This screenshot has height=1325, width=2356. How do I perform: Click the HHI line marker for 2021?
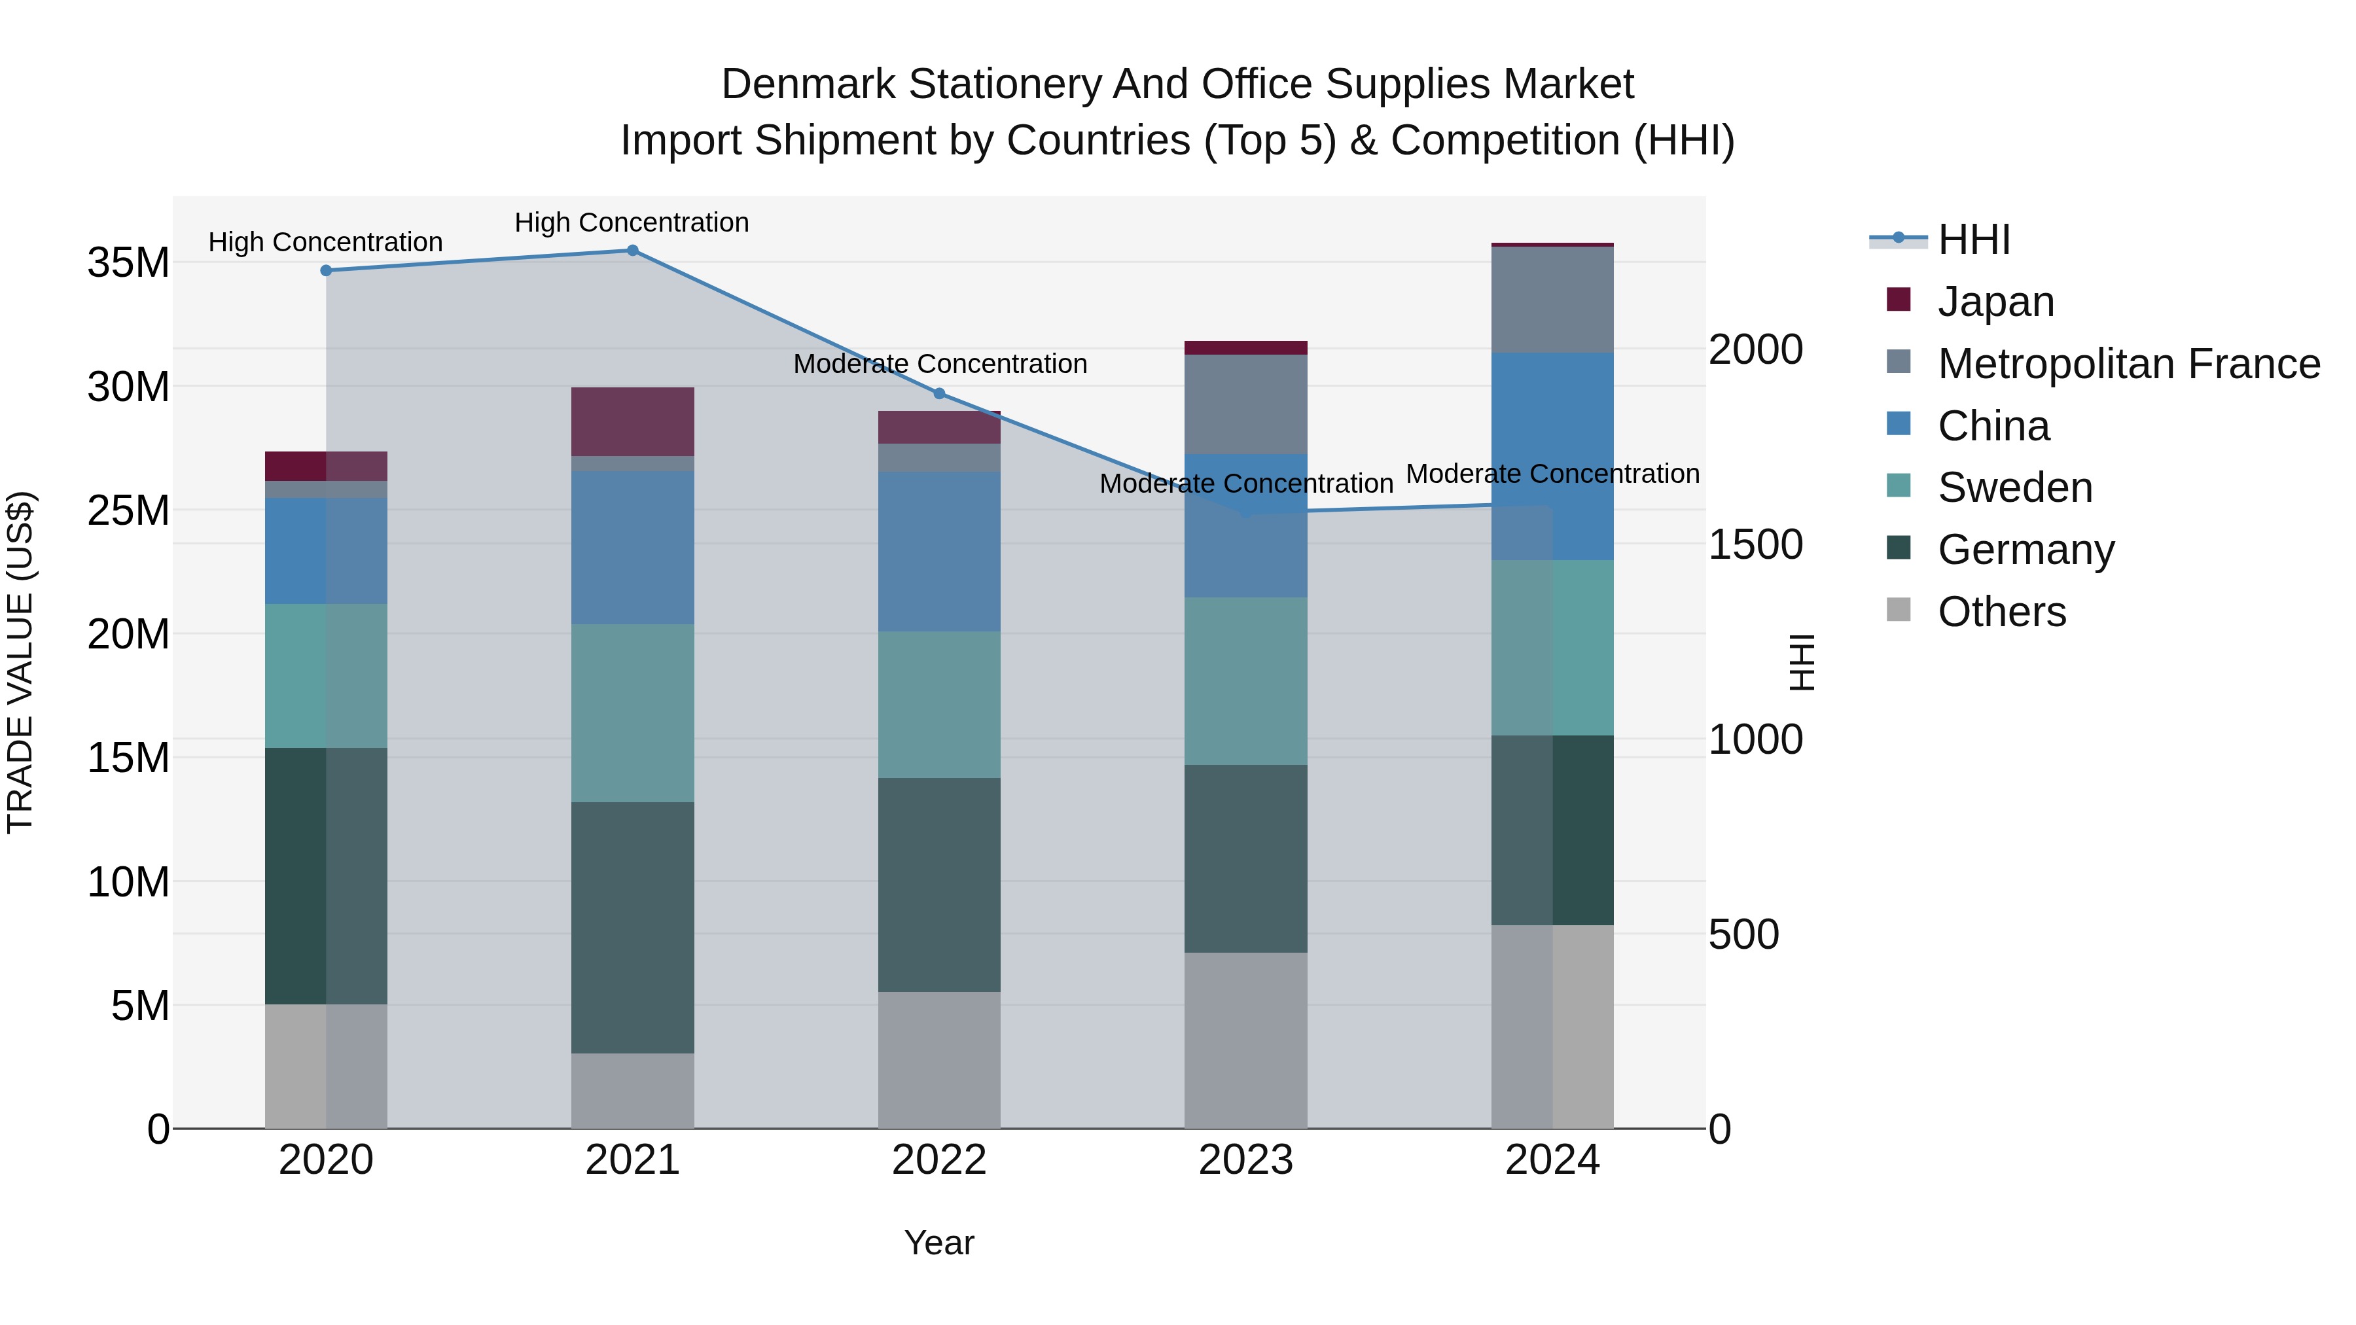click(x=632, y=251)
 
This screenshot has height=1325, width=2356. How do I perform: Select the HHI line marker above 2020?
click(x=326, y=271)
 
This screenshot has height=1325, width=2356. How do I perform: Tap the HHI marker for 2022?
click(x=939, y=394)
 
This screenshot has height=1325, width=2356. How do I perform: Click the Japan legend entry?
click(x=1995, y=302)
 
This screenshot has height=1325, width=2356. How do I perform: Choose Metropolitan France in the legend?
click(x=2128, y=364)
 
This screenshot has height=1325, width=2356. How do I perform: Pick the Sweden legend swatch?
click(x=1899, y=486)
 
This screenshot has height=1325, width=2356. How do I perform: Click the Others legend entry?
click(x=2001, y=612)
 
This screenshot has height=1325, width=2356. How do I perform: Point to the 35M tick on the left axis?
click(x=128, y=263)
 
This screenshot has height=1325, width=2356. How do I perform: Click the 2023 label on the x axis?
click(x=1245, y=1160)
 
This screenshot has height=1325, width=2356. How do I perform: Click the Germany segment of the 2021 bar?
click(x=632, y=927)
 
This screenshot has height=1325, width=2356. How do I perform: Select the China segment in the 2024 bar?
click(x=1552, y=455)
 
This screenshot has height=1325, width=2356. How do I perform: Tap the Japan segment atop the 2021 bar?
click(x=632, y=421)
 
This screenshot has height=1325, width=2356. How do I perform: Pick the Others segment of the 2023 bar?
click(x=1245, y=1040)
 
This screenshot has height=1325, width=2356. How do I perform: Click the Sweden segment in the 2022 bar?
click(x=939, y=704)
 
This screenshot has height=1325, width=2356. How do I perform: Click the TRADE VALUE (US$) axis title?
click(x=21, y=662)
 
